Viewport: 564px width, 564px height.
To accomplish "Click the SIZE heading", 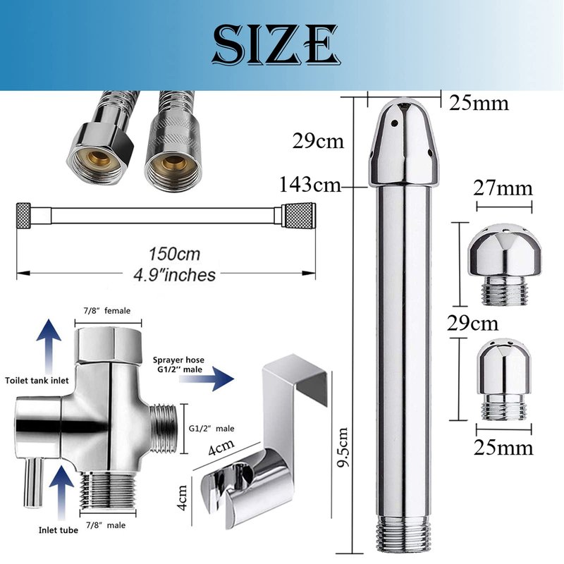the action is tap(276, 44).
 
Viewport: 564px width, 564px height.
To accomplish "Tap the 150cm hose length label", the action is tap(174, 254).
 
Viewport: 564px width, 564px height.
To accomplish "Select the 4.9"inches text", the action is tap(174, 275).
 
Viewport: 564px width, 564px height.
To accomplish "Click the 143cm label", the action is tap(310, 185).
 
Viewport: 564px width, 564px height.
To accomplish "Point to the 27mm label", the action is tap(503, 188).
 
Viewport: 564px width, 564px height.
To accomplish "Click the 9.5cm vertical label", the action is tap(343, 447).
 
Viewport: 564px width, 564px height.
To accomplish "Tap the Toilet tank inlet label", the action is tap(37, 380).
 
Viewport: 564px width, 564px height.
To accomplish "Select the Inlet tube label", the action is tap(59, 530).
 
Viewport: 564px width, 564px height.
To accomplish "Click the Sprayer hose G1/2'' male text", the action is tap(178, 364).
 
